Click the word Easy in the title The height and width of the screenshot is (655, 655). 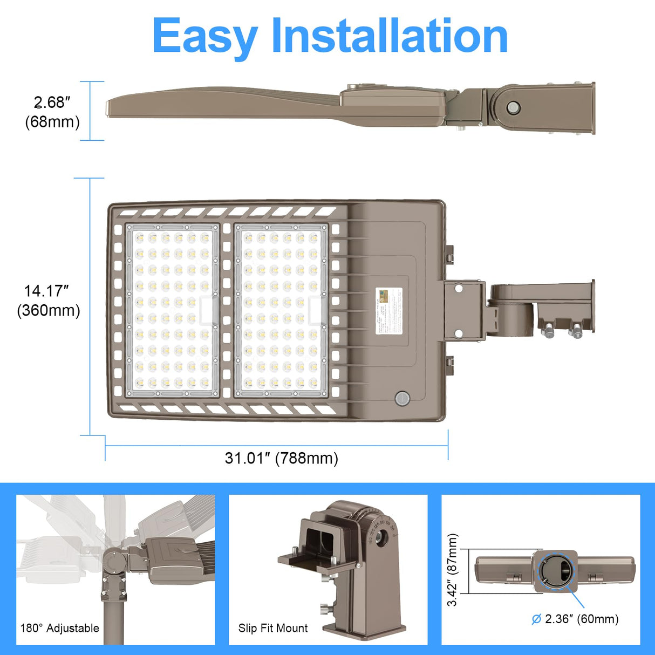[x=204, y=37]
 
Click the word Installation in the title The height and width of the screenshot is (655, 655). [x=389, y=36]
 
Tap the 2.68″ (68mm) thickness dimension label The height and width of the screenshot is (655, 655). [x=52, y=112]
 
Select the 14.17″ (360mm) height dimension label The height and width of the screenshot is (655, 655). [x=49, y=301]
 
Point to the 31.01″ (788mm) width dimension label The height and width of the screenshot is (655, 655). [x=282, y=458]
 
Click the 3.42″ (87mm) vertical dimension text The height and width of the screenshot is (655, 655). [x=452, y=570]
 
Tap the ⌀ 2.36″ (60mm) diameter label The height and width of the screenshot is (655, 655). [x=575, y=619]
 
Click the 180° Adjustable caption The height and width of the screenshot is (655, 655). [x=59, y=628]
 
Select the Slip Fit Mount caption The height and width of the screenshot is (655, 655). [x=273, y=628]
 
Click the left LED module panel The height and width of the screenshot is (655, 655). [x=172, y=311]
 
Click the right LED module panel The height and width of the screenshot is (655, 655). [x=281, y=311]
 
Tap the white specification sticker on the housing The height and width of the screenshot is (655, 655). [x=388, y=310]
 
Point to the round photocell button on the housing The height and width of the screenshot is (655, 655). [x=402, y=399]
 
